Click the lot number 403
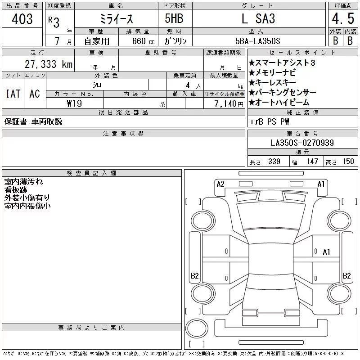tap(22, 18)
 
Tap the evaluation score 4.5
tap(343, 18)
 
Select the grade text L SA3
tap(258, 18)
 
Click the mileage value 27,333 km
tap(49, 64)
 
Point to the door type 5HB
tap(174, 18)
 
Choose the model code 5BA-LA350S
tap(257, 41)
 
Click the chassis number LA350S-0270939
tap(302, 143)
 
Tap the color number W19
tap(74, 103)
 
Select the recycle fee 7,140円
tap(229, 104)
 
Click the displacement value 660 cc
tap(143, 41)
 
